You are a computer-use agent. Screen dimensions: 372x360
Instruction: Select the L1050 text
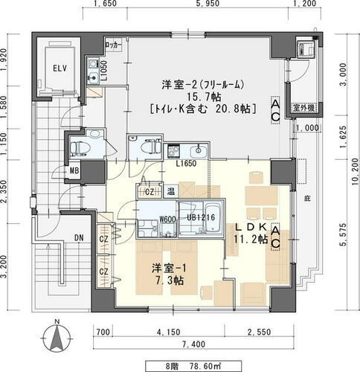click(x=106, y=71)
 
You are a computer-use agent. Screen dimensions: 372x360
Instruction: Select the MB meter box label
click(x=75, y=170)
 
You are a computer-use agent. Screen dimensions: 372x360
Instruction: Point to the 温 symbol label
click(x=170, y=193)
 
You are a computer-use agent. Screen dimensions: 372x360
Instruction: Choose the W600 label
click(x=167, y=219)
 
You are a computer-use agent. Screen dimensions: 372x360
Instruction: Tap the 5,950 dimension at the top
click(x=216, y=4)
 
